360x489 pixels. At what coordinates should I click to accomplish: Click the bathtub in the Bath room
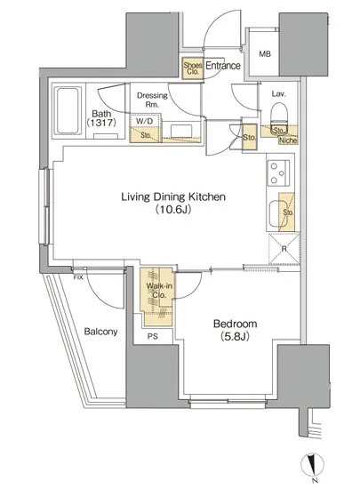(x=68, y=110)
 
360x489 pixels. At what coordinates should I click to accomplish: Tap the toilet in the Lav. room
(x=279, y=116)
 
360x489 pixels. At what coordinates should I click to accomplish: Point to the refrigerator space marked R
(x=284, y=249)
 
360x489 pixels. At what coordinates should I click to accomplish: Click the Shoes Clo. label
(x=193, y=68)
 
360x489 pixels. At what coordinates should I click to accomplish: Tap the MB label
(x=265, y=54)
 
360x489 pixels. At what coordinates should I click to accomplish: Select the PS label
(x=153, y=336)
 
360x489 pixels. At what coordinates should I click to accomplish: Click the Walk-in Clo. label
(x=159, y=290)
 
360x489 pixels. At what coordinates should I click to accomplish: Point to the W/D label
(x=145, y=121)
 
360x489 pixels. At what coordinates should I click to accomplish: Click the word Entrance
(x=223, y=66)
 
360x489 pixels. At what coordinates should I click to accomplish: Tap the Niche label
(x=288, y=140)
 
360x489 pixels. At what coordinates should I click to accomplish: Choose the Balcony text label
(x=100, y=332)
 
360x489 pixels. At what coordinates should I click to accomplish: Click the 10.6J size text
(x=173, y=209)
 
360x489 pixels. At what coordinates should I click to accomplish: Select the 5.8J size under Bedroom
(x=235, y=336)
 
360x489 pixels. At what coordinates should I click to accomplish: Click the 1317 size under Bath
(x=101, y=123)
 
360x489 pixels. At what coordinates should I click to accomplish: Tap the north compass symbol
(x=312, y=464)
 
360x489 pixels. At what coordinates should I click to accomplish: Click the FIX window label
(x=78, y=277)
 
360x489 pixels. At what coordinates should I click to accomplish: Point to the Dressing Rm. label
(x=152, y=100)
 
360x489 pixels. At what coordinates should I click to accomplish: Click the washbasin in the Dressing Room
(x=181, y=131)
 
